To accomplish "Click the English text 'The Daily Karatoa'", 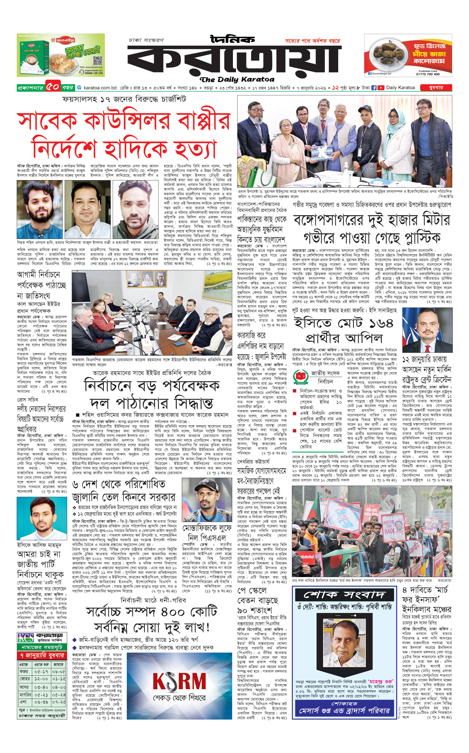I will pyautogui.click(x=237, y=80).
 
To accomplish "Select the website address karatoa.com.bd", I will pyautogui.click(x=100, y=88).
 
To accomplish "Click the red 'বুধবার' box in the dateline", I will pyautogui.click(x=436, y=88).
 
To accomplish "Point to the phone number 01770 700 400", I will pyautogui.click(x=428, y=74).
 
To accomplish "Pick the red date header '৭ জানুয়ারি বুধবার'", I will pyautogui.click(x=42, y=655).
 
